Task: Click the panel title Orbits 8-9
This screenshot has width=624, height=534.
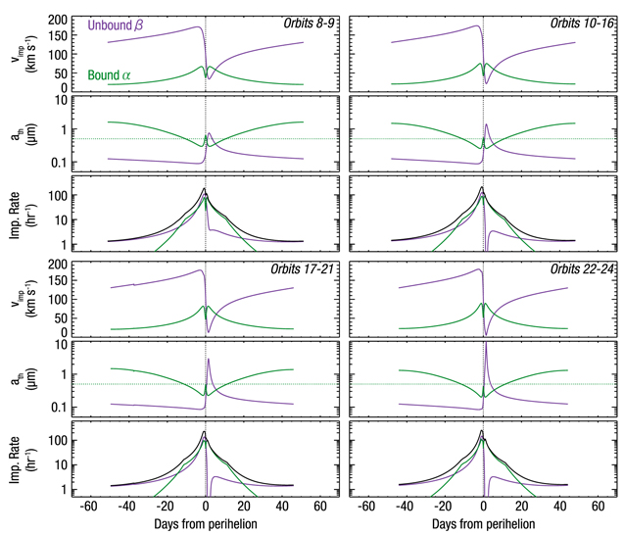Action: [299, 21]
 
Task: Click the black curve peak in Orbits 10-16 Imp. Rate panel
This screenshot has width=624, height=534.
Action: [483, 187]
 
